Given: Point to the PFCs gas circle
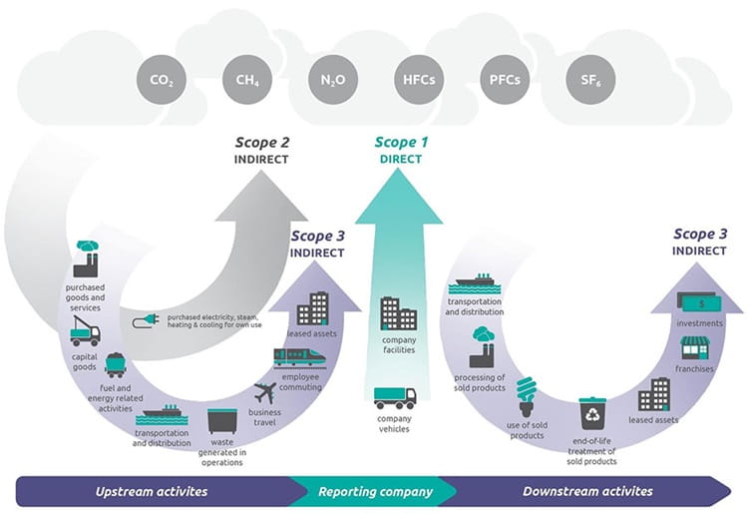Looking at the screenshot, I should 500,79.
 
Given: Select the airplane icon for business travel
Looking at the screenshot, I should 264,391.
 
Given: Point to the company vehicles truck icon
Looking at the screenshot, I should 395,397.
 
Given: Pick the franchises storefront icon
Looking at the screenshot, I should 694,348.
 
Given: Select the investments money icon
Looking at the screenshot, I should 694,301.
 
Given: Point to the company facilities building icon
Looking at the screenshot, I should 398,313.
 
